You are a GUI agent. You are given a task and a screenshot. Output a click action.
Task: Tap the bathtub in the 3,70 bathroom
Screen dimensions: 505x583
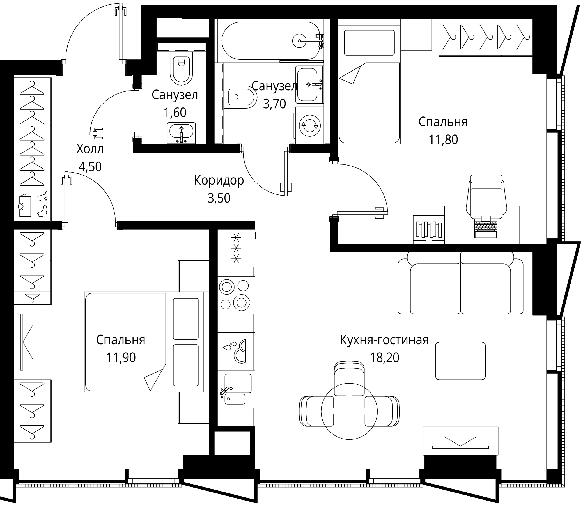[x=270, y=41]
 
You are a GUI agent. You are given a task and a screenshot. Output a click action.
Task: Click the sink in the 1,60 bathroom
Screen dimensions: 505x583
[x=181, y=132]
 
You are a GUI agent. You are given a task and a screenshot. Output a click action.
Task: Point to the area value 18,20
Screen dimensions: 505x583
[x=384, y=358]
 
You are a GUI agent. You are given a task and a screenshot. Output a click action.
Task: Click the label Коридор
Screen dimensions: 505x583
[x=219, y=180]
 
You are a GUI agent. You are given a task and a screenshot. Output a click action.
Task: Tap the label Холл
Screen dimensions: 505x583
[x=90, y=149]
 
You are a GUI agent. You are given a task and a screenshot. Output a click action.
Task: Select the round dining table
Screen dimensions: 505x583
[x=349, y=411]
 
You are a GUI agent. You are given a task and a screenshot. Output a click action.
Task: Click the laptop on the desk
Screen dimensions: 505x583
[x=485, y=227]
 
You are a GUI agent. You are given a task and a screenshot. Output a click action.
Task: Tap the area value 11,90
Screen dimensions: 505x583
[x=121, y=358]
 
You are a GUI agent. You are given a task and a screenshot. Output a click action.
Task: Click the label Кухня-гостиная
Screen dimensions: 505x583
[x=384, y=340]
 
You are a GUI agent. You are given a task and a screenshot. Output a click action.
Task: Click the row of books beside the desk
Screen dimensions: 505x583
[x=429, y=229]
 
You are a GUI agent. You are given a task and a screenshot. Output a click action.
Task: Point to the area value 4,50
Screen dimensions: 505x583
[x=90, y=167]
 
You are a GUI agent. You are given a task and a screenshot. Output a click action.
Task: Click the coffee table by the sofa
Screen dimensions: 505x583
[x=460, y=361]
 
